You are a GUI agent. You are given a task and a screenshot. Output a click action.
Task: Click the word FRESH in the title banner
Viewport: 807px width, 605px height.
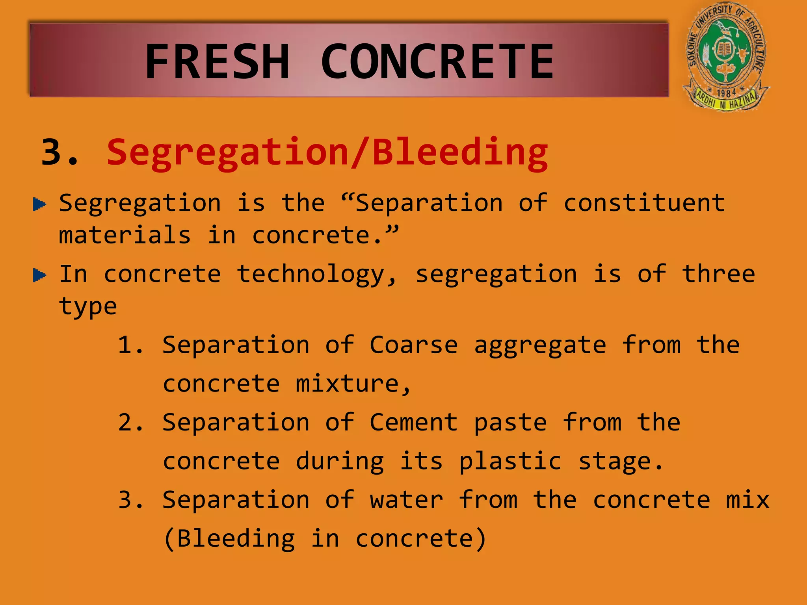point(218,62)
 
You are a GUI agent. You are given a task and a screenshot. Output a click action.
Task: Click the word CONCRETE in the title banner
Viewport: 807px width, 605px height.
point(437,62)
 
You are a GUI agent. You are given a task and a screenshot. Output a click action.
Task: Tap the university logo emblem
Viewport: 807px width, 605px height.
point(726,57)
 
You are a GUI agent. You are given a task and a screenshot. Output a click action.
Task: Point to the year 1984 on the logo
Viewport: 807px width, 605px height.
point(726,93)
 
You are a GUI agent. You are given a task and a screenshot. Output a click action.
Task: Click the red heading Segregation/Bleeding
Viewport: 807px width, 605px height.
point(327,153)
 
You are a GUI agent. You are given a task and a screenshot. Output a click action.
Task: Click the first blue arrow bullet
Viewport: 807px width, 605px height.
point(39,204)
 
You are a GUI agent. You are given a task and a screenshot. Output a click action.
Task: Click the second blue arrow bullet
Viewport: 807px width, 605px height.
point(39,275)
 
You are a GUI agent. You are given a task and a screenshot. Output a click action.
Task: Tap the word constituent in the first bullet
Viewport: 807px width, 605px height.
point(644,203)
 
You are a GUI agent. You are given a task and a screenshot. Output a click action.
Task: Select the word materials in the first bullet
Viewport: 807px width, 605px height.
point(125,235)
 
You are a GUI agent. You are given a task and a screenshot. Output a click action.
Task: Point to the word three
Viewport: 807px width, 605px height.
point(718,274)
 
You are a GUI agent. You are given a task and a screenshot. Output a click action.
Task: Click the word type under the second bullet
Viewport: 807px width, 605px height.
point(88,307)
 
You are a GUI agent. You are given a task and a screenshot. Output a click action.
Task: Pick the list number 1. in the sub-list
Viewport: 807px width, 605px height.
point(130,345)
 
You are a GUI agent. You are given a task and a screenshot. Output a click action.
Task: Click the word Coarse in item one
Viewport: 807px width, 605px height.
point(413,345)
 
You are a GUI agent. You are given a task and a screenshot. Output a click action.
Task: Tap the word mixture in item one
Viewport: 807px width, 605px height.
point(353,384)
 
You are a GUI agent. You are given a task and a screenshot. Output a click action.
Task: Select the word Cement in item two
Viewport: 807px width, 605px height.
point(413,423)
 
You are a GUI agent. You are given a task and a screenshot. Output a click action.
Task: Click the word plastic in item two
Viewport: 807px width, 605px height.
point(510,462)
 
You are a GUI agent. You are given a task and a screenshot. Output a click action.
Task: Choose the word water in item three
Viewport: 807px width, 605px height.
point(406,500)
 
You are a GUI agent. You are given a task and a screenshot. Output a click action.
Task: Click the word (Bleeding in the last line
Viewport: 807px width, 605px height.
point(229,539)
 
